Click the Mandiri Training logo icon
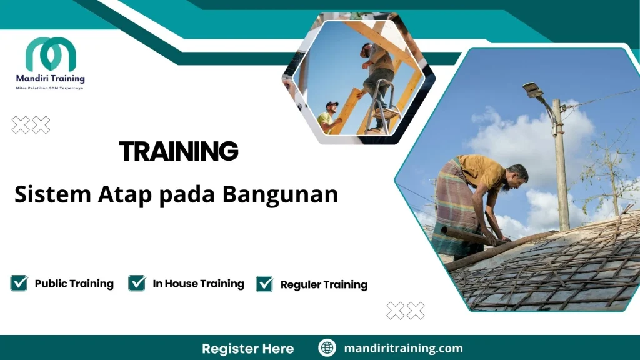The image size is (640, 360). click(x=51, y=54)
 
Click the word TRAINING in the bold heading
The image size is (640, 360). click(x=179, y=151)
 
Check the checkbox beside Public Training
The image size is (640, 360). click(x=19, y=283)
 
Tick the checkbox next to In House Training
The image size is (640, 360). click(x=137, y=283)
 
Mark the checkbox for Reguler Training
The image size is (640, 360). click(x=265, y=284)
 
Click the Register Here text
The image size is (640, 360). click(x=247, y=348)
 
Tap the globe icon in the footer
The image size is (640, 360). click(x=327, y=348)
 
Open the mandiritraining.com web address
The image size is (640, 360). click(x=403, y=348)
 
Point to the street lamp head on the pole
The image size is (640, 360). click(x=533, y=90)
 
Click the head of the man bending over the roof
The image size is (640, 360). click(x=517, y=175)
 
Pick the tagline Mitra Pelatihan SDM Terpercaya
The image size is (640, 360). click(x=49, y=88)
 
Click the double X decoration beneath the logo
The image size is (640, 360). click(x=31, y=126)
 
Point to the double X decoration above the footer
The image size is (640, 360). click(x=406, y=310)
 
